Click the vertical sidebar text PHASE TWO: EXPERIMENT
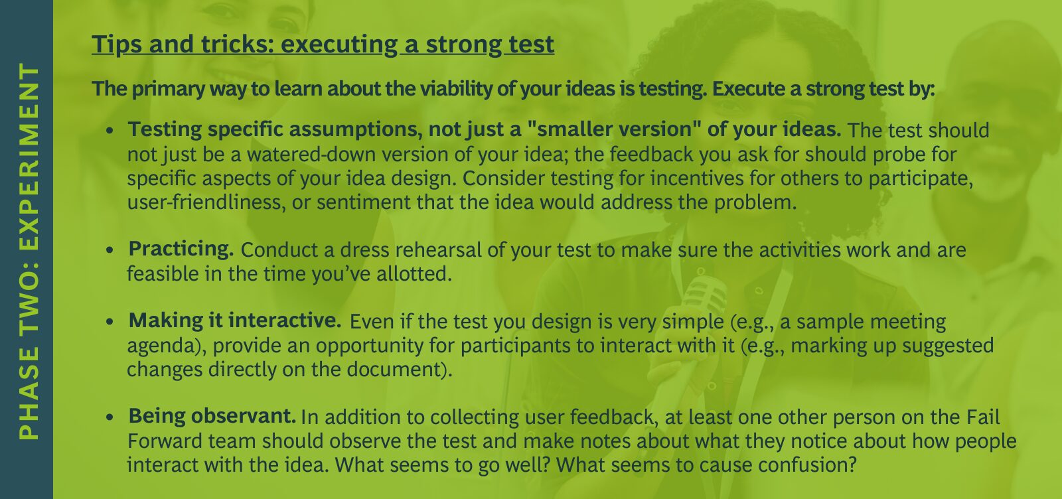29,251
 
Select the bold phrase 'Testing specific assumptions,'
275,130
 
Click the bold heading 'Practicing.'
181,249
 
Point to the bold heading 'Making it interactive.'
235,321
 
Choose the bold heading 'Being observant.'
212,415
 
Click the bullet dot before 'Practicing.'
110,249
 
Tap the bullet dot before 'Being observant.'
110,417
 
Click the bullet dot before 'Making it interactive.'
110,322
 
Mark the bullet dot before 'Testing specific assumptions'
110,130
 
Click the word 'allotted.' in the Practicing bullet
414,274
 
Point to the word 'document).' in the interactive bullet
400,370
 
